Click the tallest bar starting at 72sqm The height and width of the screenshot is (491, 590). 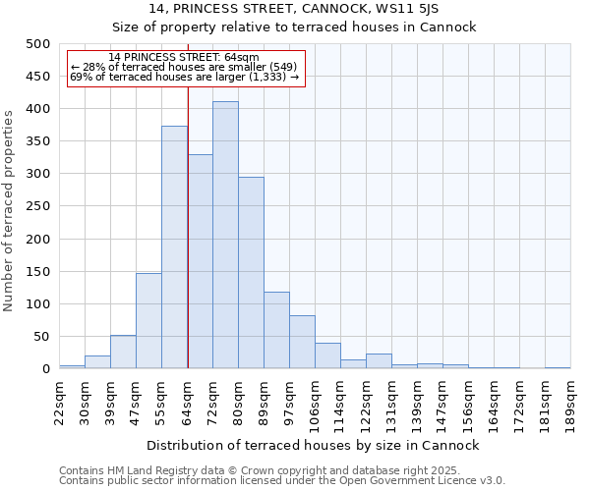coord(225,236)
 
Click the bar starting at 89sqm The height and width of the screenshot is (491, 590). coord(276,331)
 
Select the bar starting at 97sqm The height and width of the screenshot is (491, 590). coord(302,343)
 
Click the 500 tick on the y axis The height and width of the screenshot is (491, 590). coord(38,44)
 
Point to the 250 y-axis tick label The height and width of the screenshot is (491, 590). coord(38,206)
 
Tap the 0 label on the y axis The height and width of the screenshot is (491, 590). coord(46,369)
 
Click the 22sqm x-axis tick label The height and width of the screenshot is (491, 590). coord(59,402)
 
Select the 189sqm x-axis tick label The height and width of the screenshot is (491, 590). coord(570,402)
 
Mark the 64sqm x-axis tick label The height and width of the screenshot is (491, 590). coord(187,402)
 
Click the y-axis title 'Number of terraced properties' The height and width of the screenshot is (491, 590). coord(9,210)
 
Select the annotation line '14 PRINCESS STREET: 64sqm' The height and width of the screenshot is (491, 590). coord(184,58)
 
